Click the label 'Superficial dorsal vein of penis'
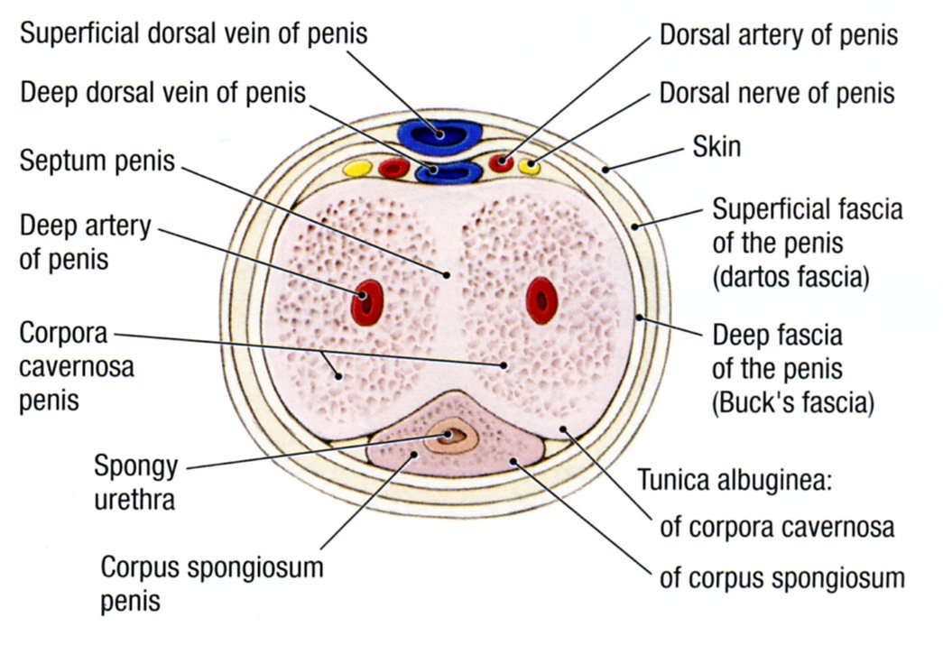(194, 34)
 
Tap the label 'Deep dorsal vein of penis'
(162, 93)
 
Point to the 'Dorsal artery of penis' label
(779, 36)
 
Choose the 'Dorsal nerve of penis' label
(777, 93)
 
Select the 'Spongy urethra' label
(135, 483)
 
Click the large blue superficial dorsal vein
(442, 133)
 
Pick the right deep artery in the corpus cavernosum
(540, 299)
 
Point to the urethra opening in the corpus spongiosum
(457, 437)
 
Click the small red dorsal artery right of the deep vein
(501, 163)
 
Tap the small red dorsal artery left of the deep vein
(393, 167)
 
